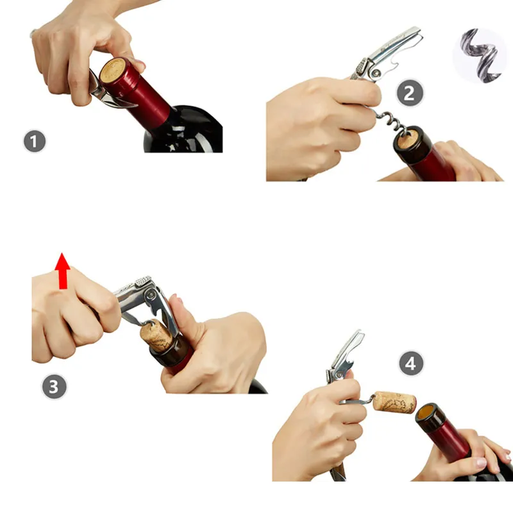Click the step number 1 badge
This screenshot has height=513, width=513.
coord(35,141)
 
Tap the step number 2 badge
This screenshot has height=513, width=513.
coord(410,93)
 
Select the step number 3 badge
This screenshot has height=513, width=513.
coord(54,387)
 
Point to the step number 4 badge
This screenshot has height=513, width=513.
coord(411,363)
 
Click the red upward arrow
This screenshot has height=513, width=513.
coord(62,271)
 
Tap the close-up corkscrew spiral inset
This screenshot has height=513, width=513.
coord(480,55)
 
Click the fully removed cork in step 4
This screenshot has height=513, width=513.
coord(394,402)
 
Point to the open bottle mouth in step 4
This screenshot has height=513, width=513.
coord(427,414)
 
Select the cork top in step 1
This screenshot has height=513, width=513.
coord(113,71)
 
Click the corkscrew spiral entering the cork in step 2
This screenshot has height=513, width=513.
coord(391,121)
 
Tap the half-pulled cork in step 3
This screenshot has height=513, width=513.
coord(156,335)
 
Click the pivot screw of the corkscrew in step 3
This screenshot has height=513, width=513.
coord(151,296)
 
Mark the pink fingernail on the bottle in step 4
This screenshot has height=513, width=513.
coord(482,462)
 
